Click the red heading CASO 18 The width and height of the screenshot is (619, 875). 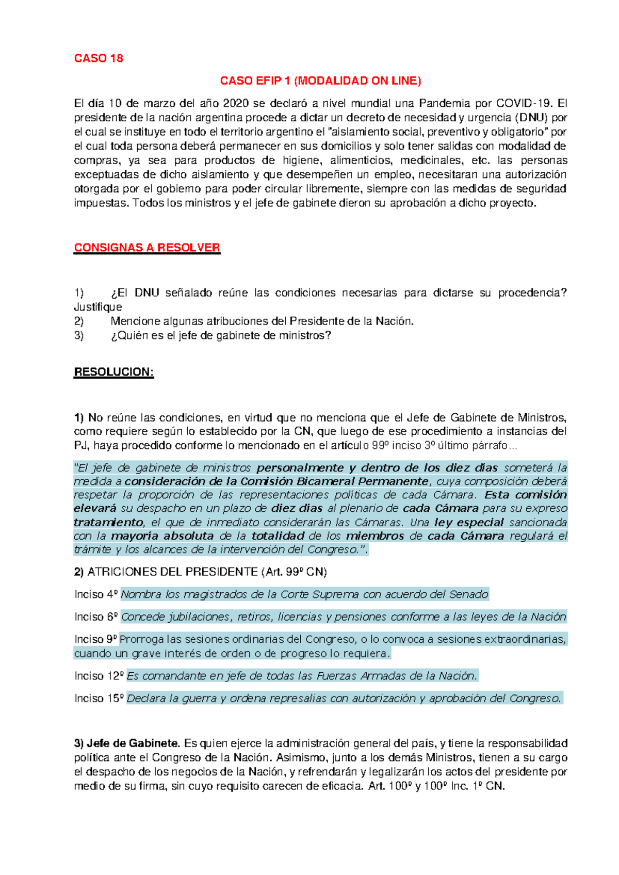[99, 58]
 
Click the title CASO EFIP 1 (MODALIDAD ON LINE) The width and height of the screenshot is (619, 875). [320, 81]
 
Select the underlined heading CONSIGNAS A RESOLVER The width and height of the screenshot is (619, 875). [147, 248]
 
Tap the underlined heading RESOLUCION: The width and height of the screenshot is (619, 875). [114, 372]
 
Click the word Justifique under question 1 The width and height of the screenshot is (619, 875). [98, 307]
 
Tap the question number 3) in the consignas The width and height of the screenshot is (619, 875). [78, 336]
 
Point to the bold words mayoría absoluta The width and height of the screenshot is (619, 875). [162, 536]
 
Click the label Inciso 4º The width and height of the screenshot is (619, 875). [96, 594]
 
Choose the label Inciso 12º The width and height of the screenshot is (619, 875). [99, 676]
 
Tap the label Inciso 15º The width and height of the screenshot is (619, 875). [99, 699]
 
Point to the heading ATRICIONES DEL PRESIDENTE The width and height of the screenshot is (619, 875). [173, 572]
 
